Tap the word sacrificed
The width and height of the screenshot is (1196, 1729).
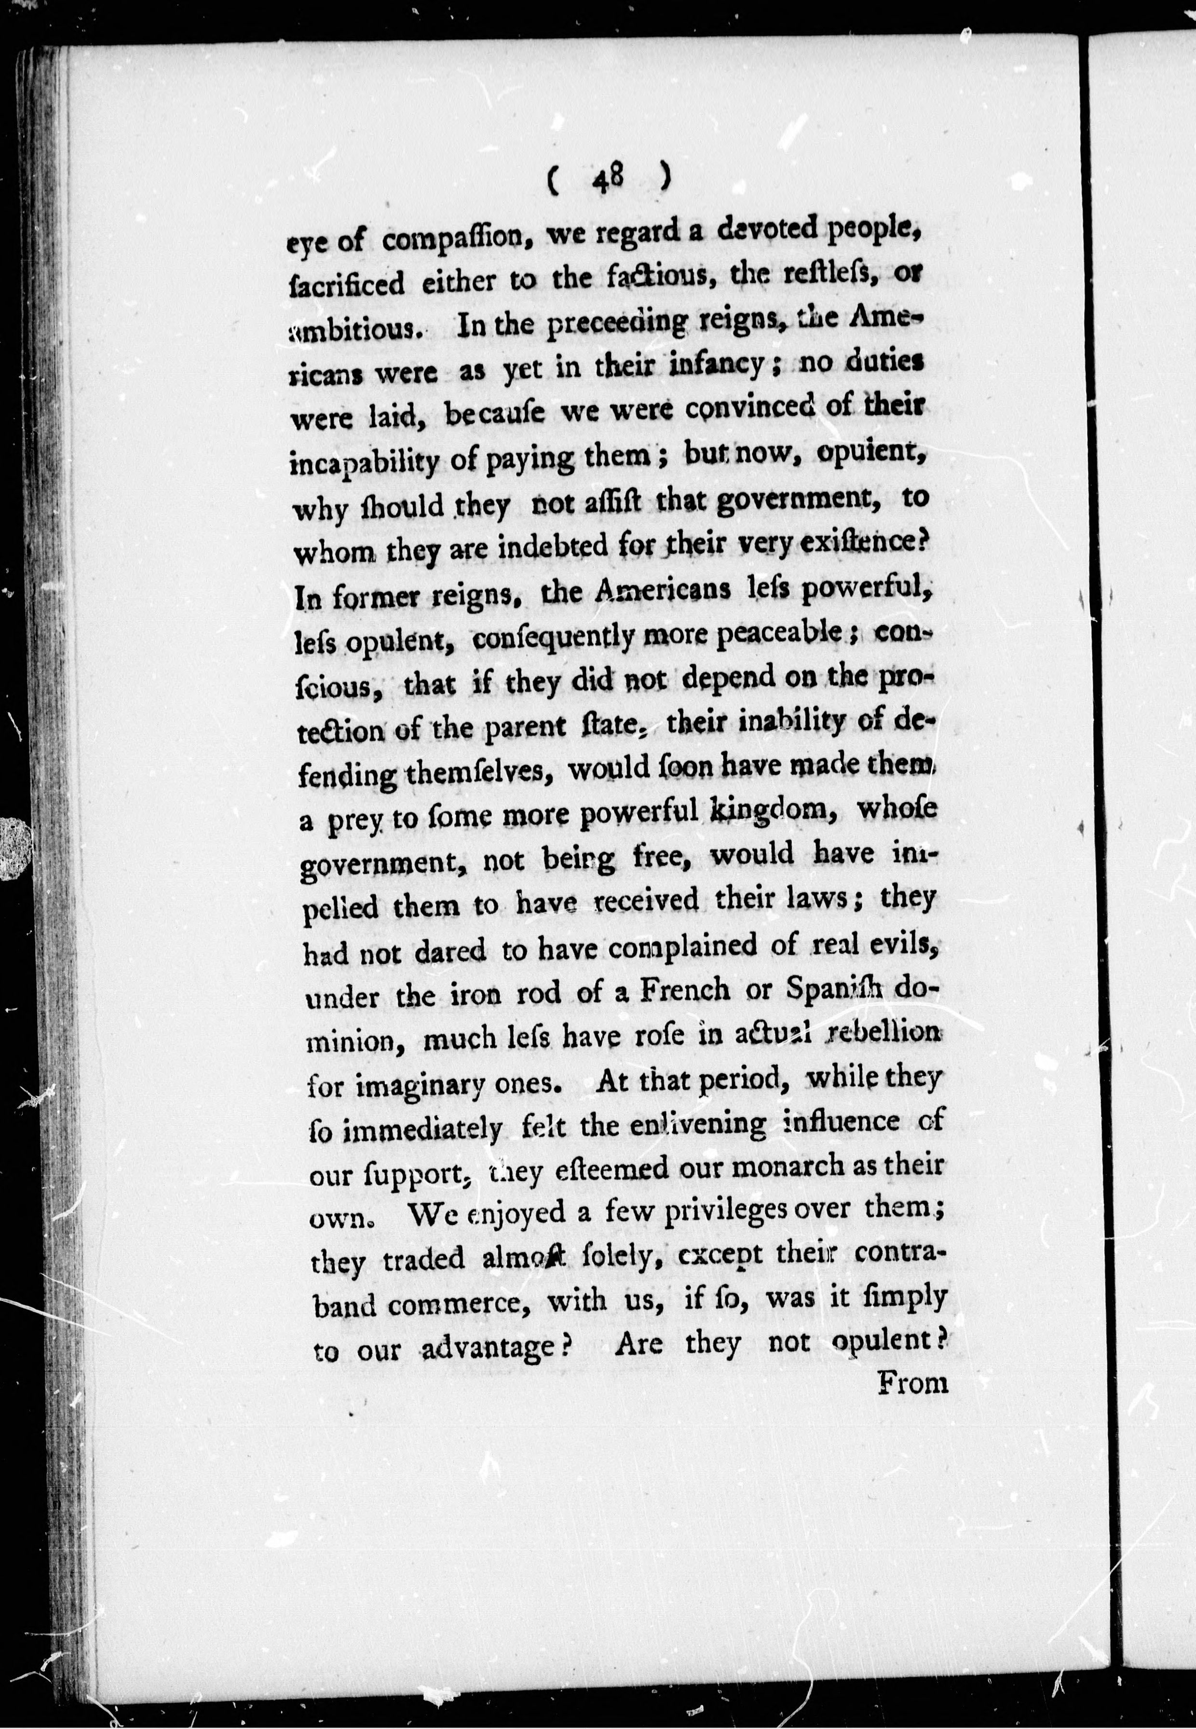(347, 283)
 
